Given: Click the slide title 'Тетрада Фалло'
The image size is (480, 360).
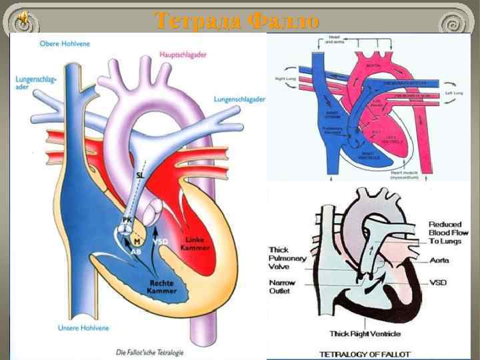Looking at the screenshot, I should [237, 21].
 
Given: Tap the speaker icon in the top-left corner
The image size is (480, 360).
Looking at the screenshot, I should [23, 18].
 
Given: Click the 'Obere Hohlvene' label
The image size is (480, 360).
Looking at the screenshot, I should [65, 44].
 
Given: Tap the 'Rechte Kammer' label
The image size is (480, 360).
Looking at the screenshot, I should [163, 286].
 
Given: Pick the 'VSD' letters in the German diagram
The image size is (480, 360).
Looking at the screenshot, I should [160, 241].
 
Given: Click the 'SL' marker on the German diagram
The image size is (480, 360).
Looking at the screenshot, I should [139, 175].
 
